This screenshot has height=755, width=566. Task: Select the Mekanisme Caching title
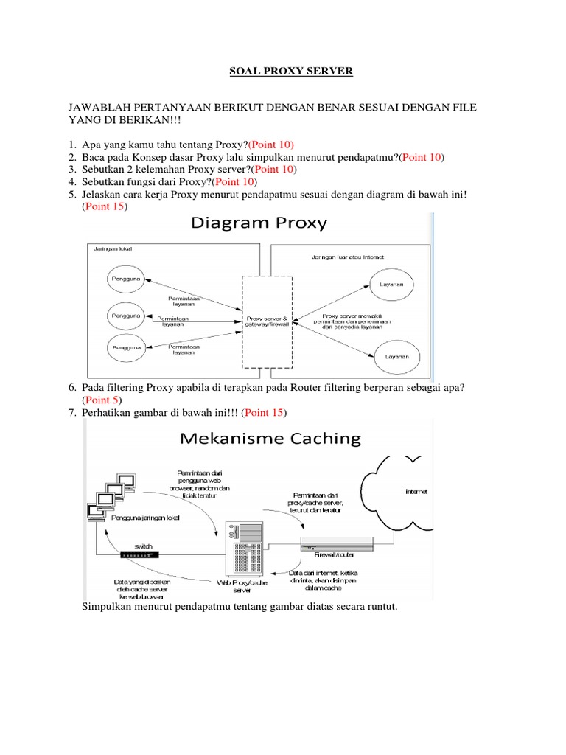(270, 439)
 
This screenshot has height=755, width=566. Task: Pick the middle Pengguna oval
(126, 315)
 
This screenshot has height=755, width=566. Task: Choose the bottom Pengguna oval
(126, 345)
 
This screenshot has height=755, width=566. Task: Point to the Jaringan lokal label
(111, 250)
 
